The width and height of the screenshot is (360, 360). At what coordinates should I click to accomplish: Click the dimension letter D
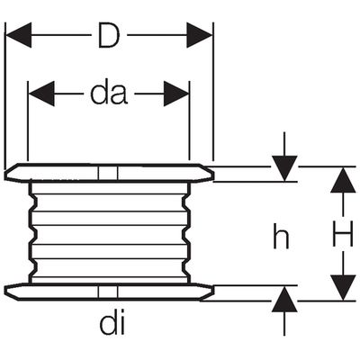tap(109, 35)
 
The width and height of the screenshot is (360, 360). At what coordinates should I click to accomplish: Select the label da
tap(109, 94)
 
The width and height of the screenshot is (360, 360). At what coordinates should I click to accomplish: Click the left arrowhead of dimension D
tap(19, 35)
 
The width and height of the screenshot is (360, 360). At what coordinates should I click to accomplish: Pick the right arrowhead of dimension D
tap(199, 35)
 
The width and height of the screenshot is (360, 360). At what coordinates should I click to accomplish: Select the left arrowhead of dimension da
tap(41, 94)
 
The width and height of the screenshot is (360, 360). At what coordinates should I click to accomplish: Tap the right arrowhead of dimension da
tap(176, 94)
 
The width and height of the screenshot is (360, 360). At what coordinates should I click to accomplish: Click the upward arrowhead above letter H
tap(343, 179)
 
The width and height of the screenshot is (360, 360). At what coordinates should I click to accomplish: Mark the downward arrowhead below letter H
tap(343, 287)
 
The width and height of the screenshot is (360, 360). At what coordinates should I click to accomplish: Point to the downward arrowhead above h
tap(284, 168)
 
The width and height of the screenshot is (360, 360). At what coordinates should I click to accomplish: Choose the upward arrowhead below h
tap(284, 299)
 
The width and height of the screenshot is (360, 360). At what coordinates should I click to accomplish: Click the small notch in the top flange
tap(108, 173)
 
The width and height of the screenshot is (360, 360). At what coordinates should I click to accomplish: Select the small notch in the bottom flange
tap(108, 292)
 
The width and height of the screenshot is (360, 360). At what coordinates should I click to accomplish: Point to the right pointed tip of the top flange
tap(213, 173)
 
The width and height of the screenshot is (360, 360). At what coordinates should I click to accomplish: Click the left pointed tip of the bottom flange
tap(5, 289)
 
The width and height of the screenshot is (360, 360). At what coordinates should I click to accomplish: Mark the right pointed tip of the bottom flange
tap(213, 291)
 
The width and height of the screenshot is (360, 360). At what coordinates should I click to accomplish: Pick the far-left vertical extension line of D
tap(5, 96)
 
